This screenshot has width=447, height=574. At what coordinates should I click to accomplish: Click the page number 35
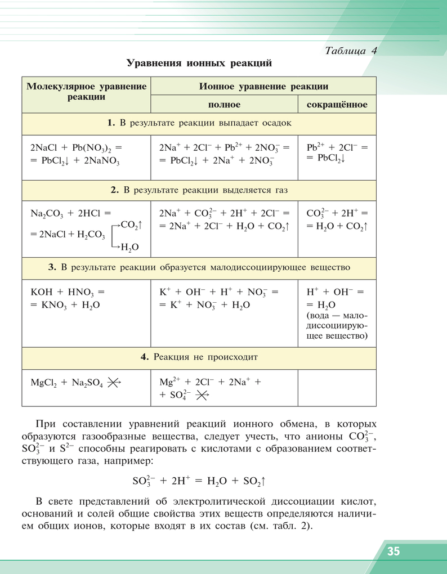(x=393, y=551)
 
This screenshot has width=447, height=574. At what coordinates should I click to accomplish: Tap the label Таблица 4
(x=350, y=50)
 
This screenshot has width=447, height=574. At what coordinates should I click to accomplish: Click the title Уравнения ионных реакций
(x=199, y=63)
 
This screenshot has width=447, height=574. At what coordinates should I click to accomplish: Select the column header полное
(x=224, y=105)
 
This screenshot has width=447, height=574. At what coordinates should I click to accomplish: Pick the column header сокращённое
(x=337, y=105)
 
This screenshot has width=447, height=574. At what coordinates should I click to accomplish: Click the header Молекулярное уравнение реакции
(x=87, y=92)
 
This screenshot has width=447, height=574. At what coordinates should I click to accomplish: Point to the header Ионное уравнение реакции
(x=263, y=87)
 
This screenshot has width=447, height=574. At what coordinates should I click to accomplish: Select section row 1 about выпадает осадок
(x=199, y=123)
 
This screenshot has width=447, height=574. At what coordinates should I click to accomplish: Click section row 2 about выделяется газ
(x=199, y=190)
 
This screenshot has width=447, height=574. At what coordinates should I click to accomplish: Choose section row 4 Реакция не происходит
(x=199, y=357)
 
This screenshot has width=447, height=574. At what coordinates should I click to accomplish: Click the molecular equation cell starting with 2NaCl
(x=76, y=154)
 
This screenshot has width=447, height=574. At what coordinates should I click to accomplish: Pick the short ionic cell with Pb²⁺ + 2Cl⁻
(x=337, y=153)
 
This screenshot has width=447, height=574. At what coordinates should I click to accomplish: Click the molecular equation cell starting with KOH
(x=68, y=298)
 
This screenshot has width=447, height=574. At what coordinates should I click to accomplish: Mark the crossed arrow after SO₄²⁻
(x=202, y=396)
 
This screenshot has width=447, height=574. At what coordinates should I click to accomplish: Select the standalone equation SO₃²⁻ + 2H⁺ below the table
(x=199, y=481)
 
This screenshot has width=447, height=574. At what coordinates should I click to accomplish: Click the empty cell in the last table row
(x=337, y=388)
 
